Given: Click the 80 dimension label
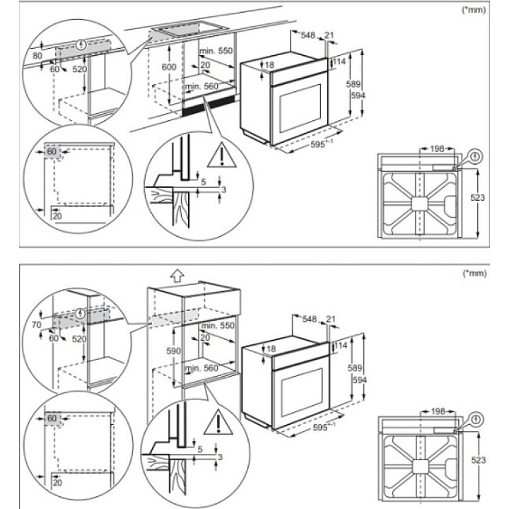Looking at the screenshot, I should pyautogui.click(x=37, y=54).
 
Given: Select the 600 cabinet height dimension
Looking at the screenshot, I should pyautogui.click(x=168, y=66).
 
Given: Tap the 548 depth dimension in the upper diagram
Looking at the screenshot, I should pyautogui.click(x=308, y=35).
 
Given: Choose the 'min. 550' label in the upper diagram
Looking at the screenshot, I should pyautogui.click(x=216, y=52).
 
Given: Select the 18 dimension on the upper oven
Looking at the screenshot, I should pyautogui.click(x=271, y=65).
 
